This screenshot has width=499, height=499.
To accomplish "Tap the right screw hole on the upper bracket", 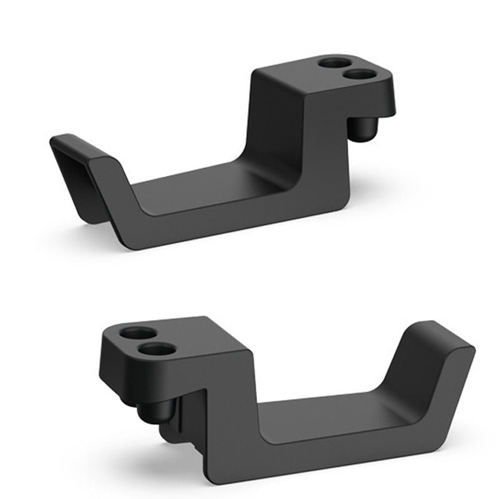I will pyautogui.click(x=361, y=74).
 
